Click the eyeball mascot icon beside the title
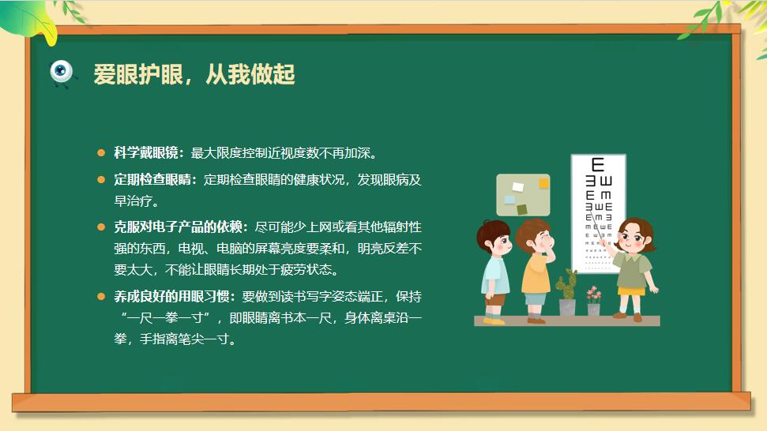click(x=62, y=73)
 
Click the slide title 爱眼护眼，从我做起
click(x=194, y=75)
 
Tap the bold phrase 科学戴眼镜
click(x=146, y=153)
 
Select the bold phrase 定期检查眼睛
click(x=152, y=180)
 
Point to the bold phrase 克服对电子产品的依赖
click(x=178, y=227)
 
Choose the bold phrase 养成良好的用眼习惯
click(x=171, y=296)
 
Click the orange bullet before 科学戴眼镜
click(x=101, y=153)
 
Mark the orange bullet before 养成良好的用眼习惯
click(x=101, y=296)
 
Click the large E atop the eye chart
click(x=598, y=165)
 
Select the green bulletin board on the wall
click(x=523, y=195)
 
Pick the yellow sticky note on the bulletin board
click(x=543, y=183)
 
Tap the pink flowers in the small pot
click(x=593, y=294)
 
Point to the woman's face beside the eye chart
click(x=633, y=238)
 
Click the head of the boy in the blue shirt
click(x=494, y=238)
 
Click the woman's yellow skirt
click(x=631, y=291)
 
